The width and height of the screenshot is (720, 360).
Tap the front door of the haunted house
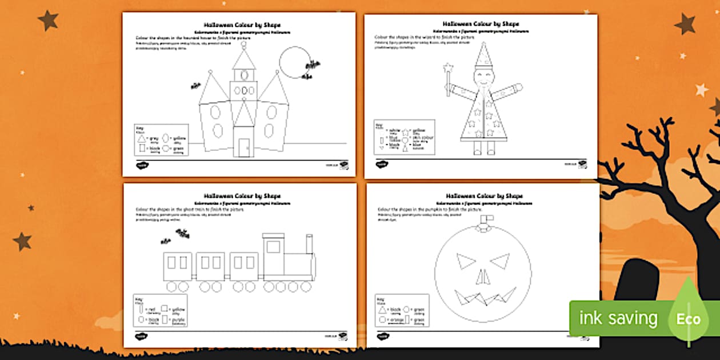click(x=244, y=147)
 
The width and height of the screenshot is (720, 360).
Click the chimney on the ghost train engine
click(x=309, y=244)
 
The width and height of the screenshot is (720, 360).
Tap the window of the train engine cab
click(x=273, y=247)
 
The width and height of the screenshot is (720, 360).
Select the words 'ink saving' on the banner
click(x=618, y=318)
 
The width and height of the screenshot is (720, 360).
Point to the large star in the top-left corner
click(x=48, y=21)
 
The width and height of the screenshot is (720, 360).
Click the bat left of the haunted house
click(x=195, y=86)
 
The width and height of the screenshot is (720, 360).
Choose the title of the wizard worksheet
click(x=481, y=24)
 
